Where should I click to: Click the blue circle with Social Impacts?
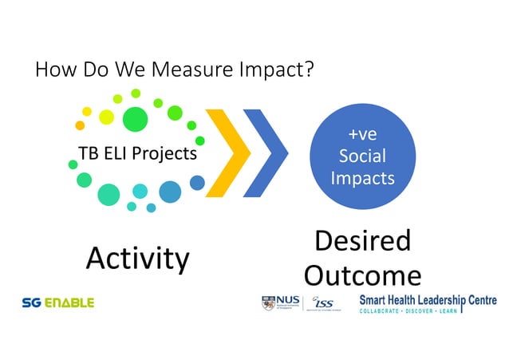(362, 154)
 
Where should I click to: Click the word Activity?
(137, 258)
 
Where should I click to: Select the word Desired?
(363, 241)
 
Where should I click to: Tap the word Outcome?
(363, 275)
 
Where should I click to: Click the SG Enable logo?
(58, 303)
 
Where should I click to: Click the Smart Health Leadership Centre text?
(427, 299)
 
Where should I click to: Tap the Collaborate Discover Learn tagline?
(408, 311)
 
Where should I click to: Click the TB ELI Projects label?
(137, 153)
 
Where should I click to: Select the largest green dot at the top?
(136, 119)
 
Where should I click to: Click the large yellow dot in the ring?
(106, 117)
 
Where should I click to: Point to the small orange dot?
(80, 125)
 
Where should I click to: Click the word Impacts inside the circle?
(362, 177)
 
